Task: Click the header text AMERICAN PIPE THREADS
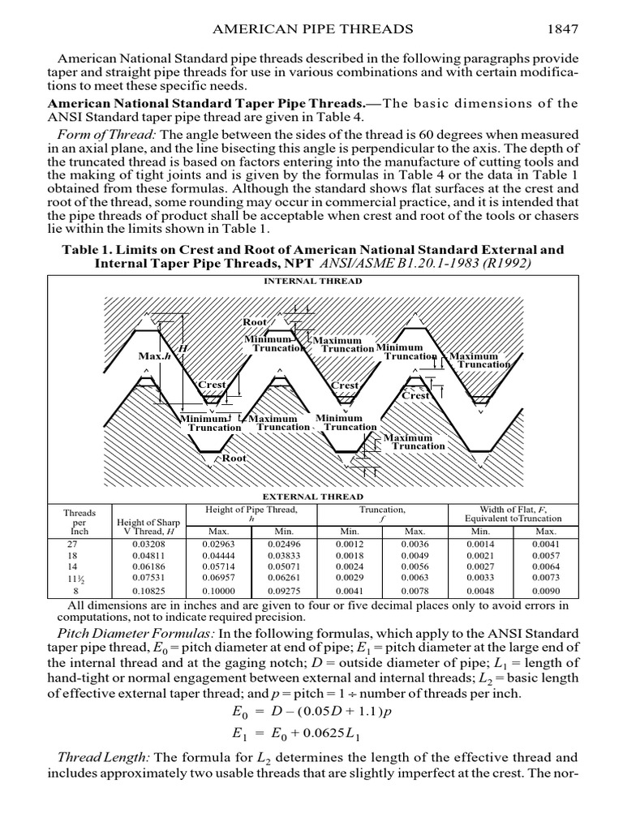pos(312,29)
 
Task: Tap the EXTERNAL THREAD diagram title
pos(312,496)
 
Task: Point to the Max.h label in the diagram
pos(154,355)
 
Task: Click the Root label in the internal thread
pos(255,322)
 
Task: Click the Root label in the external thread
pos(234,459)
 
